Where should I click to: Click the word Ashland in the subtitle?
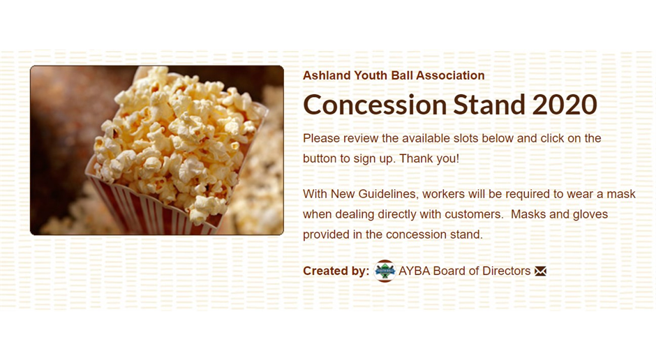327,75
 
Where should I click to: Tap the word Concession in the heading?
375,105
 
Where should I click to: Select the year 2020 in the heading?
565,105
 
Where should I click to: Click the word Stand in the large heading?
489,105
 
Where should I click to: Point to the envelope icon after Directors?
541,271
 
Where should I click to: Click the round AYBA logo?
385,271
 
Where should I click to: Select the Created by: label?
336,271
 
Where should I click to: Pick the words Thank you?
428,159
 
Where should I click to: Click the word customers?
474,214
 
